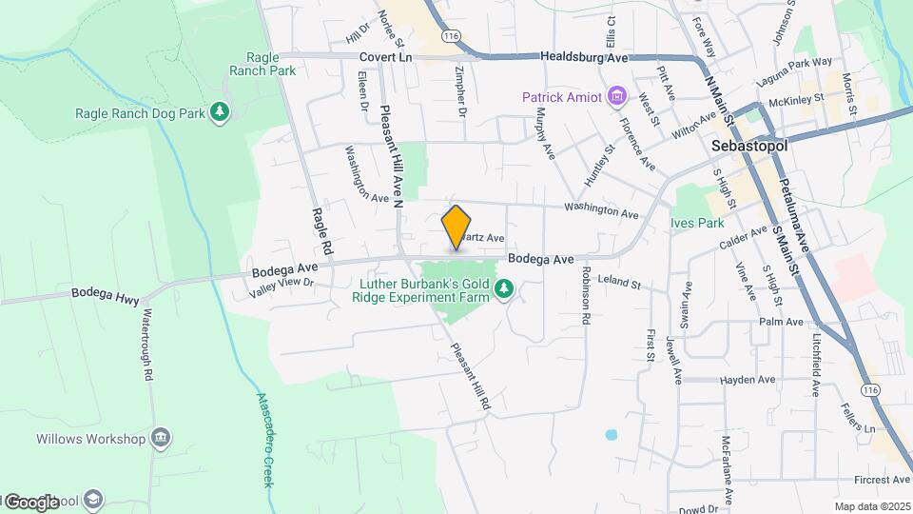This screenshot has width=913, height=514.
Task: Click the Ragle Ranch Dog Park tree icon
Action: (221, 113)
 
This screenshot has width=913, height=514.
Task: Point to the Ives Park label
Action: (697, 223)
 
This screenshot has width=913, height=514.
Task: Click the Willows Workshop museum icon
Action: (161, 438)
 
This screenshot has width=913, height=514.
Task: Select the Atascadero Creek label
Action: (265, 440)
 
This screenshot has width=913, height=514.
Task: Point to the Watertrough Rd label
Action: (148, 344)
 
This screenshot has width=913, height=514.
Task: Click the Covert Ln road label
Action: (385, 57)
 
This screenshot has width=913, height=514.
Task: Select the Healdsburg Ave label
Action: (585, 57)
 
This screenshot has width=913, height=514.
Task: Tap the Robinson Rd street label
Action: (586, 299)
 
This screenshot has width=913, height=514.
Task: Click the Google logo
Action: (31, 502)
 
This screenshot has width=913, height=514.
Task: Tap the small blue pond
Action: (610, 435)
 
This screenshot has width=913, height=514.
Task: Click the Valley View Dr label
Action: (282, 288)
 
